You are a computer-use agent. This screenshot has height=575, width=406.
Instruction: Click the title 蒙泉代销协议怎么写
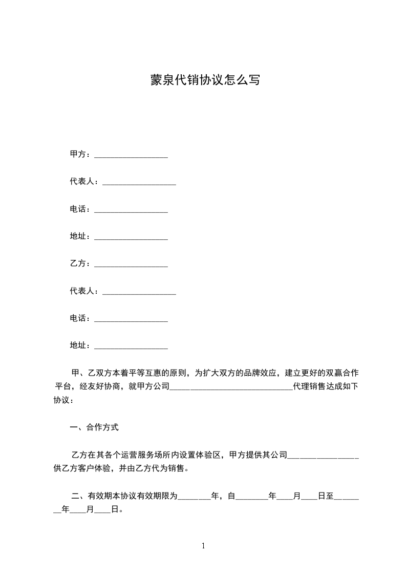tap(205, 80)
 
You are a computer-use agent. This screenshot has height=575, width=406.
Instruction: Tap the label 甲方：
tap(81, 154)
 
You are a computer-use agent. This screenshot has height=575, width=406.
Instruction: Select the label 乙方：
tap(81, 263)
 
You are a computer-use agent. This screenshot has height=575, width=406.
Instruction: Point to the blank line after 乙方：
tap(131, 265)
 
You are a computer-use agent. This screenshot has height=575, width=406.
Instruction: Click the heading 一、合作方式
tap(94, 427)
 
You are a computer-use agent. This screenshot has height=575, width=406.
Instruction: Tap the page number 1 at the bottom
tap(203, 546)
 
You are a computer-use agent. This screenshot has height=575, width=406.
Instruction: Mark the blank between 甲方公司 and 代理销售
tap(230, 388)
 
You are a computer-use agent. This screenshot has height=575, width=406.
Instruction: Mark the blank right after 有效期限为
tap(194, 497)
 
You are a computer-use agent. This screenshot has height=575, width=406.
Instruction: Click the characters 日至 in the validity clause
tap(326, 496)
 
